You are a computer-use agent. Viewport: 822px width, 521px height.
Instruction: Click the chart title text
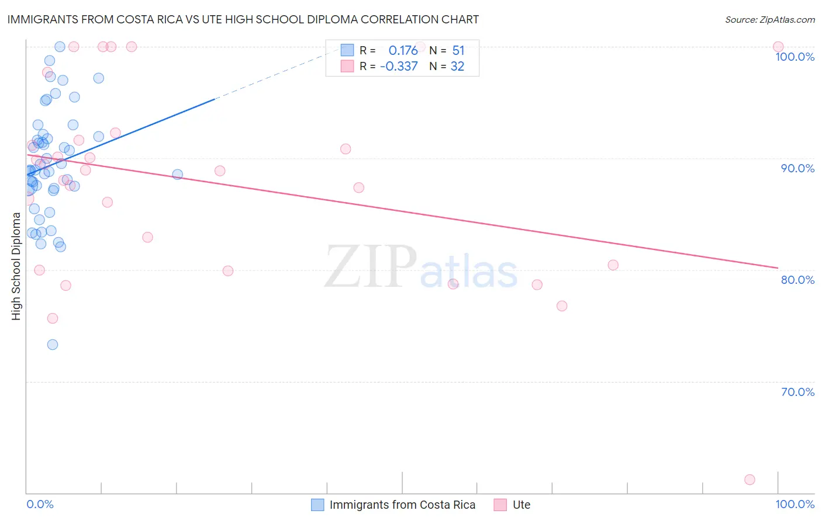(x=243, y=19)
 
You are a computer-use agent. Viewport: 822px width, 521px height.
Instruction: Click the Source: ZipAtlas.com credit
(x=769, y=20)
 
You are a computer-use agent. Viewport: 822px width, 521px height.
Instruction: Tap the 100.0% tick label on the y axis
(x=795, y=57)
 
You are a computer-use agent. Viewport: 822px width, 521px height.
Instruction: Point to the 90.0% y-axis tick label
(x=797, y=168)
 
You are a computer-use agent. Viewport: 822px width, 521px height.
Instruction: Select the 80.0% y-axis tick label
(x=797, y=280)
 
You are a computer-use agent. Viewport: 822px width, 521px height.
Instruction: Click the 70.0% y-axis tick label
(x=797, y=392)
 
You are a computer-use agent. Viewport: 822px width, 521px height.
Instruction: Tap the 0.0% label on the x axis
(x=40, y=504)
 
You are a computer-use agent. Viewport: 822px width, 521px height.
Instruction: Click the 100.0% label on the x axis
(x=795, y=504)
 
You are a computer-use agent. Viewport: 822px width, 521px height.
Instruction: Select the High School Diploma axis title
(x=16, y=266)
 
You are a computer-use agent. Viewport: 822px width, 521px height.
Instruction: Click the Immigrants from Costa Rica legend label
(x=402, y=505)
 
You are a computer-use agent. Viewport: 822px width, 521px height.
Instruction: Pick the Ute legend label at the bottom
(x=521, y=505)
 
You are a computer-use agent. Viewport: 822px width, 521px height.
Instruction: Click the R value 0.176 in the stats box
(x=403, y=51)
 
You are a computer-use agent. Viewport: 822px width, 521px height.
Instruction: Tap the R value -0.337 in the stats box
(x=399, y=67)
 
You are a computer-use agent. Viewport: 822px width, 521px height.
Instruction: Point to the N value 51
(x=458, y=51)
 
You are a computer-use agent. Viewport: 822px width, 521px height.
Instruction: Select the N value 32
(x=457, y=67)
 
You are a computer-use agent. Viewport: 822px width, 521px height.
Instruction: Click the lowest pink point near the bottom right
(x=750, y=480)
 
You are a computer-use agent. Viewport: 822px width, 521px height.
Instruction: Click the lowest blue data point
(x=53, y=345)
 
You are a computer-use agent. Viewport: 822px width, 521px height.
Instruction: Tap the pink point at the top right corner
(x=778, y=47)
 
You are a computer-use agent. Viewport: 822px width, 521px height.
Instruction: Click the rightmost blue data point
(x=178, y=175)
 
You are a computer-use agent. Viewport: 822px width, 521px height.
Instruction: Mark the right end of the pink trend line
(x=778, y=268)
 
